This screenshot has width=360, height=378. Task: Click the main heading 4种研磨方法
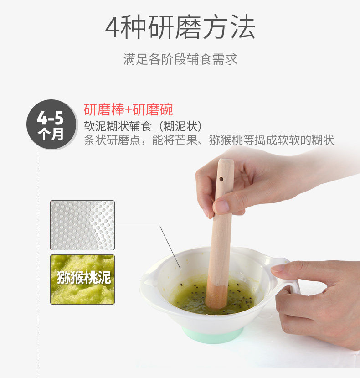point(180,26)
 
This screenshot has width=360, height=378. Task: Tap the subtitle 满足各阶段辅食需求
point(180,59)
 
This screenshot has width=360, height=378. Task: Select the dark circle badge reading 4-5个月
point(51,124)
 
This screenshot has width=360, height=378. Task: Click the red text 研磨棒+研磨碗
point(129,110)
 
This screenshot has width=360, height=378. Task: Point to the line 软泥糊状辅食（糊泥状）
point(144,126)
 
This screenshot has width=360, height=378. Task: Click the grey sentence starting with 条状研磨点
point(209,140)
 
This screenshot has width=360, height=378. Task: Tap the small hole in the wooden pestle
point(221,179)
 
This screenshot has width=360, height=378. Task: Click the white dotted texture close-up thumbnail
point(82,225)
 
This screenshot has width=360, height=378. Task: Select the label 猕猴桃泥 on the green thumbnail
point(84,278)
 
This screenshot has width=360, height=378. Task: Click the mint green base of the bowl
point(212,335)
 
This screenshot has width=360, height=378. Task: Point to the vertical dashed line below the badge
point(38,263)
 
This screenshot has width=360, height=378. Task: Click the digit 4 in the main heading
point(112,27)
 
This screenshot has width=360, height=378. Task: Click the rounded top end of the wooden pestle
point(226,161)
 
